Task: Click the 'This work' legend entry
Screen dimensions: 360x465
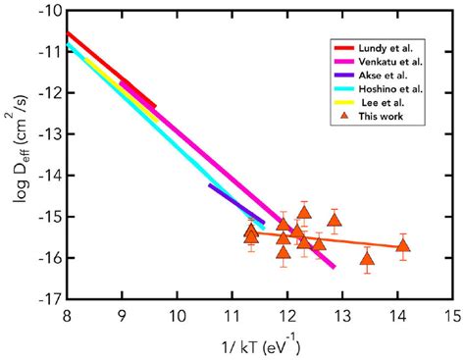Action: click(x=382, y=116)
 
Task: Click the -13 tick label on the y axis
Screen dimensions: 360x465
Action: click(x=48, y=133)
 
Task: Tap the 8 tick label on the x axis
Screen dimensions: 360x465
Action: click(x=67, y=315)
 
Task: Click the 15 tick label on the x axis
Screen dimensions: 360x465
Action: click(x=452, y=315)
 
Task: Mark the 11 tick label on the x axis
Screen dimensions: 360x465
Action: click(x=232, y=315)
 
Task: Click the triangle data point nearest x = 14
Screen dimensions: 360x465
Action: click(x=402, y=245)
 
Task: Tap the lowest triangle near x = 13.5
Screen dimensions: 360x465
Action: click(x=367, y=259)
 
